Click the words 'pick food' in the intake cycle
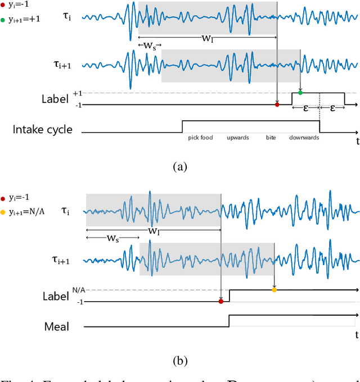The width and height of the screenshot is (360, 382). point(201,138)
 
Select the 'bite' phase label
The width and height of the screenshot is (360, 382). point(271,138)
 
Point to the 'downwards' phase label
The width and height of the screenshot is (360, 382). point(304,138)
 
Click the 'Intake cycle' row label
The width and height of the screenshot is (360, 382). point(43,129)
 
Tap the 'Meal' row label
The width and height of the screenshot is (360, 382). point(57,326)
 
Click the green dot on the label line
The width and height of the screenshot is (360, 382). point(300,92)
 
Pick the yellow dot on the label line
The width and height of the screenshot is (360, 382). point(274,290)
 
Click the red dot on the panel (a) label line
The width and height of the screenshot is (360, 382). point(277,104)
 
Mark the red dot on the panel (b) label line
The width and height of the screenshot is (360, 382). point(220,302)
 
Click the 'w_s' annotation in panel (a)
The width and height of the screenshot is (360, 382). point(149,44)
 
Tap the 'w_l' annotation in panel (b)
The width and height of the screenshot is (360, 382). point(152,231)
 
